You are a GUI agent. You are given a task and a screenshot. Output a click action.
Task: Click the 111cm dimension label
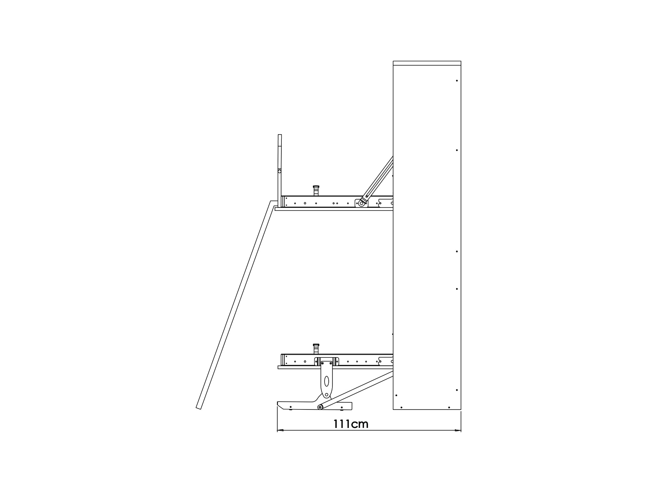351,424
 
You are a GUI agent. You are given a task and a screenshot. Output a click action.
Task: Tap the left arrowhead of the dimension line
280,430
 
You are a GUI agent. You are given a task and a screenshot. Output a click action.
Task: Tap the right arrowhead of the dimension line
458,430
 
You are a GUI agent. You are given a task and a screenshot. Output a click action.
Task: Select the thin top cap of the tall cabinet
427,63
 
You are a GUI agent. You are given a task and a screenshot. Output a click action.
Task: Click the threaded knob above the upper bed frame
316,191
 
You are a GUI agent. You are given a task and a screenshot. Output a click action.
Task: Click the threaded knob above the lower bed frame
316,349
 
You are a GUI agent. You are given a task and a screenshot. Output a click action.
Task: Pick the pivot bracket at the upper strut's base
361,203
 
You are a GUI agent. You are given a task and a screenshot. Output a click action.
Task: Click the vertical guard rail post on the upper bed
280,170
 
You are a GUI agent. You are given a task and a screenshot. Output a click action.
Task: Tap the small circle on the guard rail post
280,171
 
